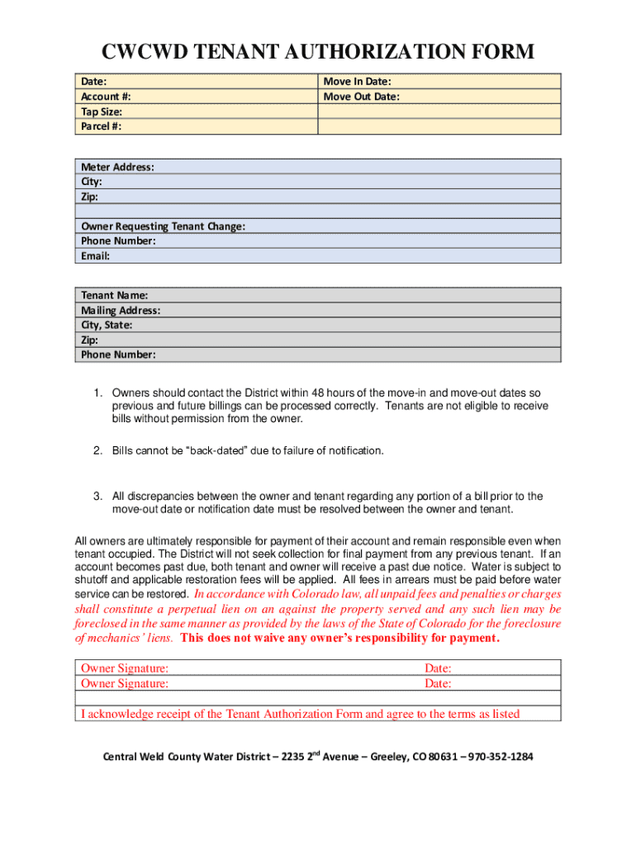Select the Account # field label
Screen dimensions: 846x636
click(106, 97)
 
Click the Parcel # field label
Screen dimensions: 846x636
click(102, 126)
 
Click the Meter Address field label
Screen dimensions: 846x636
click(117, 167)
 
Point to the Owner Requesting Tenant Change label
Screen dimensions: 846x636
click(163, 226)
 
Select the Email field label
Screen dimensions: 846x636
click(95, 256)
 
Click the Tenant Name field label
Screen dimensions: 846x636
click(114, 295)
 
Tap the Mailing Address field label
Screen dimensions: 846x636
click(120, 311)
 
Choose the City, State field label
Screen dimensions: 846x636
click(106, 326)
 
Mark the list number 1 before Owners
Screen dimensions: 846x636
click(97, 392)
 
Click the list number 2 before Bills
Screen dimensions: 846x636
click(97, 451)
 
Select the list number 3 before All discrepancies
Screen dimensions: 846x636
click(97, 497)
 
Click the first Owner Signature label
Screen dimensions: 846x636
click(125, 668)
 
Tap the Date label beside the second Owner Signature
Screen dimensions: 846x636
click(438, 683)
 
